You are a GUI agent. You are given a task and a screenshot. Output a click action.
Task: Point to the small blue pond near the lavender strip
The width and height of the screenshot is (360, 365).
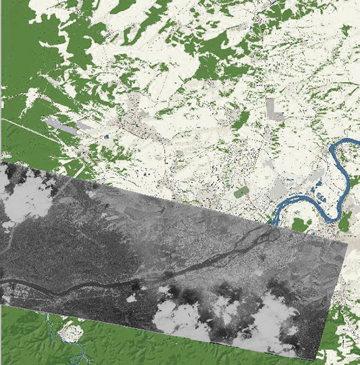[106, 137]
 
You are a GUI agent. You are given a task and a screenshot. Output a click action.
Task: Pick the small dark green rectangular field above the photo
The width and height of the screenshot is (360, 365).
[240, 193]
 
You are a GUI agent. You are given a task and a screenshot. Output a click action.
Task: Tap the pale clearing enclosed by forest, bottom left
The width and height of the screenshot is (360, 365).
[69, 333]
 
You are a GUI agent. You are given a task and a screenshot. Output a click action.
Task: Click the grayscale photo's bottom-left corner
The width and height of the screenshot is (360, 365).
[1, 303]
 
